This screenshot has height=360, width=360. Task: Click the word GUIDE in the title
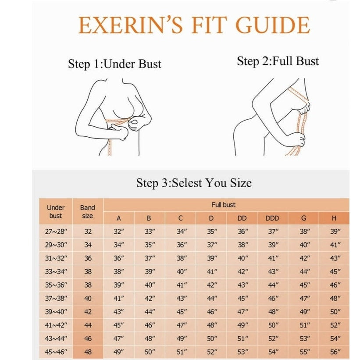273,25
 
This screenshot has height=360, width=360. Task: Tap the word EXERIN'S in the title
130,25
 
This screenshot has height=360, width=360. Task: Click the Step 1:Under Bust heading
114,64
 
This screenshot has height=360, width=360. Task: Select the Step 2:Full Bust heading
278,61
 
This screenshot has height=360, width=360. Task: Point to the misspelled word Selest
187,183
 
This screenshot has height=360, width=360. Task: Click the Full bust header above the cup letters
223,205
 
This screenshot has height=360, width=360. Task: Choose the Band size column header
87,211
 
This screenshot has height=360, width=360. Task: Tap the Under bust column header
56,211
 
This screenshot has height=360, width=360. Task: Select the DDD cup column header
272,218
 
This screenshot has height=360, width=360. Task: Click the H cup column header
334,218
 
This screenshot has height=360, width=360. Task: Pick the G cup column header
303,218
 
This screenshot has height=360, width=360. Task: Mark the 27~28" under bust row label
56,232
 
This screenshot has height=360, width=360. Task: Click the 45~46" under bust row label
56,352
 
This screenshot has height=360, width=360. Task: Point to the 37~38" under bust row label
56,298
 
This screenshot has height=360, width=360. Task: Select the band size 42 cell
88,312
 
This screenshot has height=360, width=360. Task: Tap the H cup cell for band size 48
335,352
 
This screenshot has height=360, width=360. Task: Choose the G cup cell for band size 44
305,325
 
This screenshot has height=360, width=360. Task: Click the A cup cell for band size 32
119,232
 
